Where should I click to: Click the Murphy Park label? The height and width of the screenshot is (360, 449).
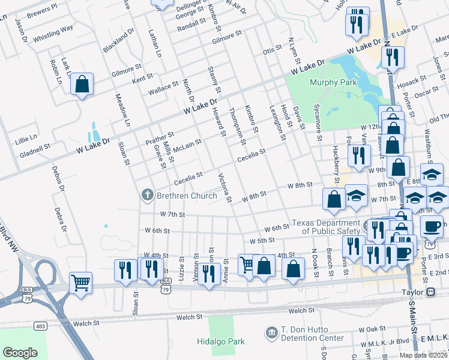[x=333, y=82]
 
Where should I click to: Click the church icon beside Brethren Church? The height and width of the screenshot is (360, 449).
[x=146, y=195]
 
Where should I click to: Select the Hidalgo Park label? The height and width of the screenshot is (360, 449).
[x=221, y=341]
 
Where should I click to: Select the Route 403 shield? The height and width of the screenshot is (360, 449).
[x=40, y=326]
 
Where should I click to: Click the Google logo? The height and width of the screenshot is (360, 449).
[x=20, y=352]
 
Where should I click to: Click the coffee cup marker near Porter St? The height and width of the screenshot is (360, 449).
[x=431, y=227]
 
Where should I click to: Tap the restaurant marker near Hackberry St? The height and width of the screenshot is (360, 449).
[x=359, y=156]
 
